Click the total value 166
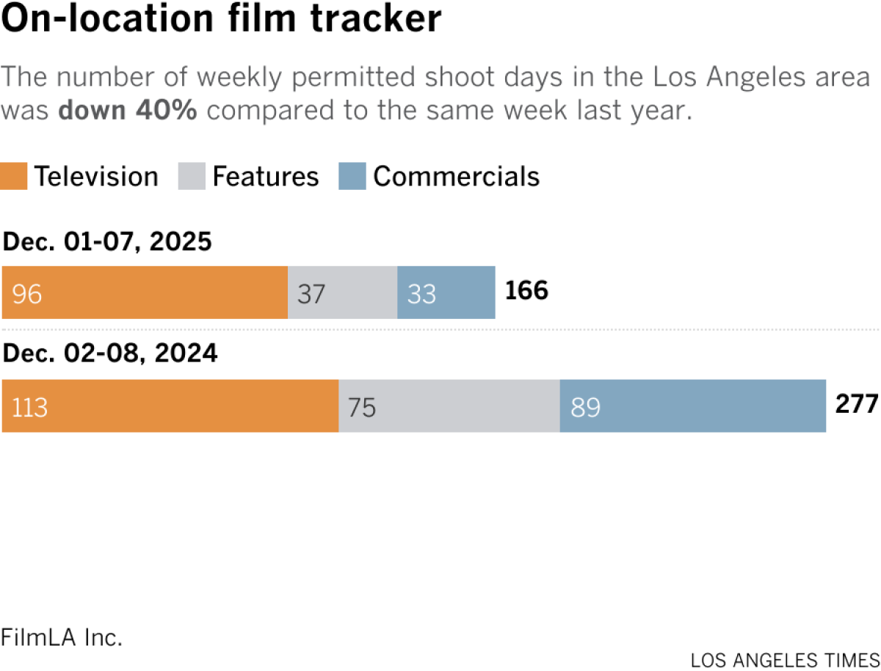click(526, 291)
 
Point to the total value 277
click(856, 404)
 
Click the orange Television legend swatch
click(14, 177)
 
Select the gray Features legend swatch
click(192, 177)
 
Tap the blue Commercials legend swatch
click(352, 177)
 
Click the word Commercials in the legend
click(456, 177)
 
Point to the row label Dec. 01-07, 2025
click(107, 241)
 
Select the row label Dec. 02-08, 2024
click(110, 354)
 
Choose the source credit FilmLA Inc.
click(62, 637)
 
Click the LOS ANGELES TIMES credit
click(785, 659)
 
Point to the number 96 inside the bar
click(26, 293)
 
